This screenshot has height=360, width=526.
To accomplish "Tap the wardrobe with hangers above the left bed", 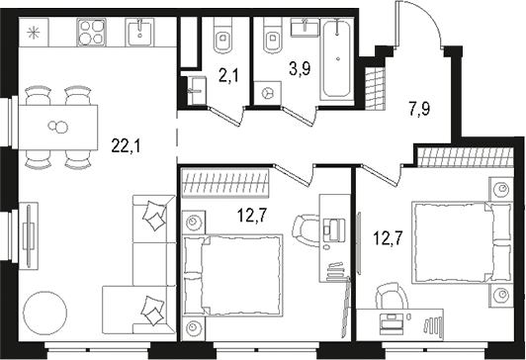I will tap(227, 184).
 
